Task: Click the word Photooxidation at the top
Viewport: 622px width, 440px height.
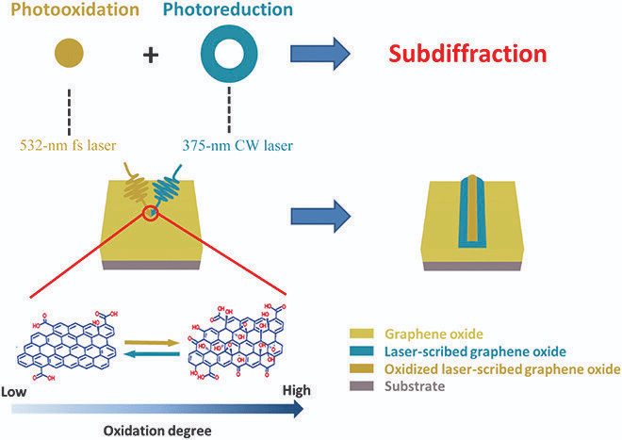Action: (69, 12)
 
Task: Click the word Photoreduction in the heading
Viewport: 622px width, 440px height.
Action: (234, 12)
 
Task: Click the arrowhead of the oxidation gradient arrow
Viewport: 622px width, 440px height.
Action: (298, 408)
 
